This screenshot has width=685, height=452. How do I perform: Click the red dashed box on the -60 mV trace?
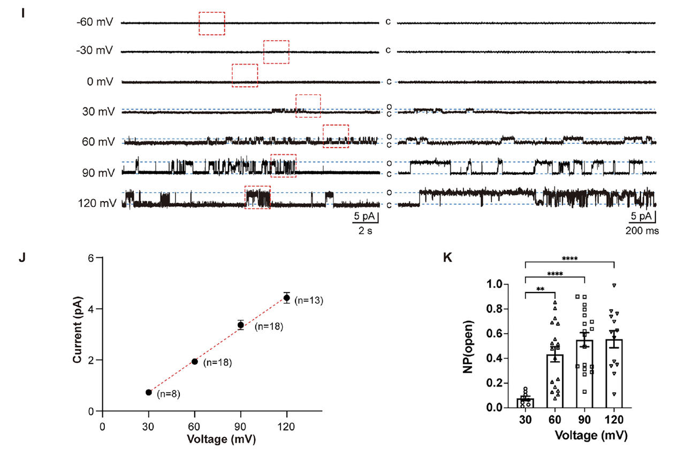(211, 24)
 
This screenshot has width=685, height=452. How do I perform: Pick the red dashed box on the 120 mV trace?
(257, 197)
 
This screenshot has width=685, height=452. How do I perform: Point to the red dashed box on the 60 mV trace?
(336, 136)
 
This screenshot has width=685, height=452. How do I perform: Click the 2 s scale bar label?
(366, 231)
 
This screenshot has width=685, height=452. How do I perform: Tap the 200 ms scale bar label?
(642, 231)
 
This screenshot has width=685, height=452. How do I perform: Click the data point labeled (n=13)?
(287, 297)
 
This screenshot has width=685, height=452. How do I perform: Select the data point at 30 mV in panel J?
(149, 392)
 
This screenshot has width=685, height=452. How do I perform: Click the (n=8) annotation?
(169, 394)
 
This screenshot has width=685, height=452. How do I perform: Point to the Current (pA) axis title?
(78, 334)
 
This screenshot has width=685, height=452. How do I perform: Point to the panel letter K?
(448, 258)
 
